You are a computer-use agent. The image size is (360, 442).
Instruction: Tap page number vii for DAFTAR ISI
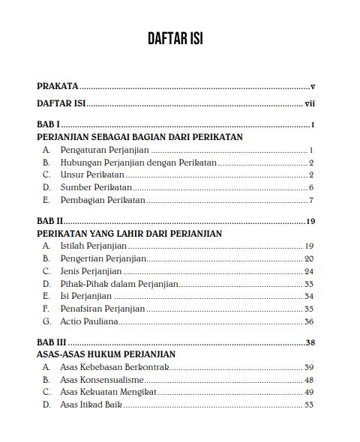[x=307, y=105]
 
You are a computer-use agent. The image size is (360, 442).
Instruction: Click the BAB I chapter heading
[x=47, y=124]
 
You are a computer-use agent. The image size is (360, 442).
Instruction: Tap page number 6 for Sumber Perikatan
[x=310, y=188]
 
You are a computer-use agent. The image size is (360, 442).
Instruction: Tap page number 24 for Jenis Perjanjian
[x=308, y=270]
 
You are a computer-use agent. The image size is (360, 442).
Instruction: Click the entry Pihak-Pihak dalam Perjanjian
[x=118, y=283]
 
